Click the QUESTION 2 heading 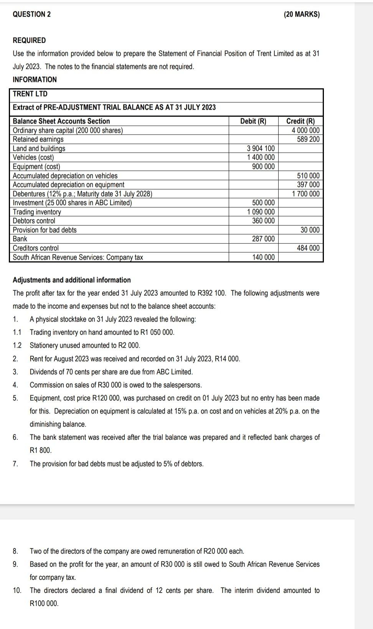click(31, 14)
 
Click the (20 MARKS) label click(302, 14)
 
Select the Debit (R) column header click(253, 121)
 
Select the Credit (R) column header click(300, 121)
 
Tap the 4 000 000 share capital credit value click(305, 130)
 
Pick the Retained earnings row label click(38, 139)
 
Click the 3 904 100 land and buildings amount click(261, 148)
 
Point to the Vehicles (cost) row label click(33, 157)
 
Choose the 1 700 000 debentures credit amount click(305, 194)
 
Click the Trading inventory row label click(37, 212)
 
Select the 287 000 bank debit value click(263, 239)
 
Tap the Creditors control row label click(36, 248)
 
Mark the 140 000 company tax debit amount click(263, 257)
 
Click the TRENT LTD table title click(30, 94)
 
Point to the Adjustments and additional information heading click(72, 280)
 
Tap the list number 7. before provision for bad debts click(15, 464)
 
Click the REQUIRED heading click(29, 40)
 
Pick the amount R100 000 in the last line click(44, 603)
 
